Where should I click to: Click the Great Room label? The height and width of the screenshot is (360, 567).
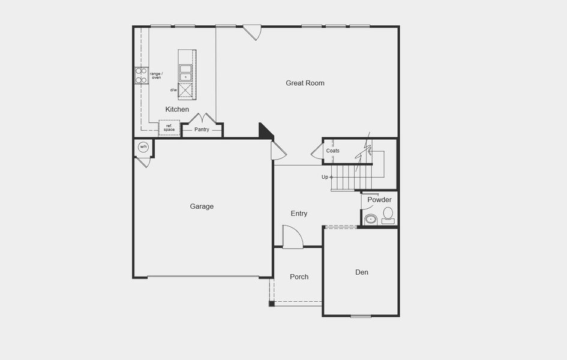tap(305, 83)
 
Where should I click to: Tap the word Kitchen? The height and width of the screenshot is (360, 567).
tap(177, 109)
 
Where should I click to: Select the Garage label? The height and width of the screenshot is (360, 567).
tap(202, 206)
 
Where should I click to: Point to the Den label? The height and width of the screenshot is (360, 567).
tap(362, 272)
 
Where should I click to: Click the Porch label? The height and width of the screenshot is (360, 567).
tap(299, 277)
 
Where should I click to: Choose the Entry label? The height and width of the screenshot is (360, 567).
tap(299, 214)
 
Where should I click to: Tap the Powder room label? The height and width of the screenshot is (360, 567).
tap(379, 200)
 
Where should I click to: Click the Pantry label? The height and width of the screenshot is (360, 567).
tap(202, 130)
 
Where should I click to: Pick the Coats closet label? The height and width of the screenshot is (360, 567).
tap(333, 151)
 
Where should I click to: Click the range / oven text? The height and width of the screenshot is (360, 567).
tap(155, 75)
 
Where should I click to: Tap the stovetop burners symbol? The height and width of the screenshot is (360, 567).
tap(142, 75)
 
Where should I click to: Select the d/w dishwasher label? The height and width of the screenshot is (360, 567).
tap(173, 90)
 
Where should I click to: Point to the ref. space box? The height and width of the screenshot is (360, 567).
tap(169, 128)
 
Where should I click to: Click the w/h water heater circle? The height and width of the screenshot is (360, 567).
tap(143, 147)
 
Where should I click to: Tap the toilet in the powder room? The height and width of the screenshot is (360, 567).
tap(388, 215)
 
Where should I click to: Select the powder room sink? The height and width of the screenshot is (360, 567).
tap(371, 219)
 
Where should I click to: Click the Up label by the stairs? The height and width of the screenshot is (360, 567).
tap(325, 177)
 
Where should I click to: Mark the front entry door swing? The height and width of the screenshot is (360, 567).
tap(292, 236)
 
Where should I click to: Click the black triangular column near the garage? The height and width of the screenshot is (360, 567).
tap(265, 131)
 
